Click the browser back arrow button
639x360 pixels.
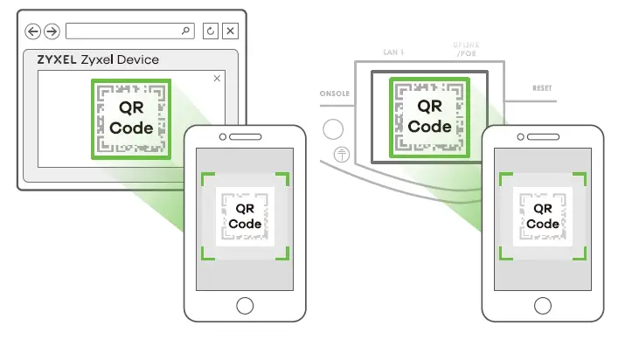point(33,31)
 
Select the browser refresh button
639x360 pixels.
point(211,31)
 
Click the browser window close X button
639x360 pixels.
point(230,31)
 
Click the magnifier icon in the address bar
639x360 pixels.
point(185,31)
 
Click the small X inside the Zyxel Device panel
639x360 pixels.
point(217,79)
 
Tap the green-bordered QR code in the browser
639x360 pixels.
point(130,119)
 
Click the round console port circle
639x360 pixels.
point(333,129)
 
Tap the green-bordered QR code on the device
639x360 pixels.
point(429,117)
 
